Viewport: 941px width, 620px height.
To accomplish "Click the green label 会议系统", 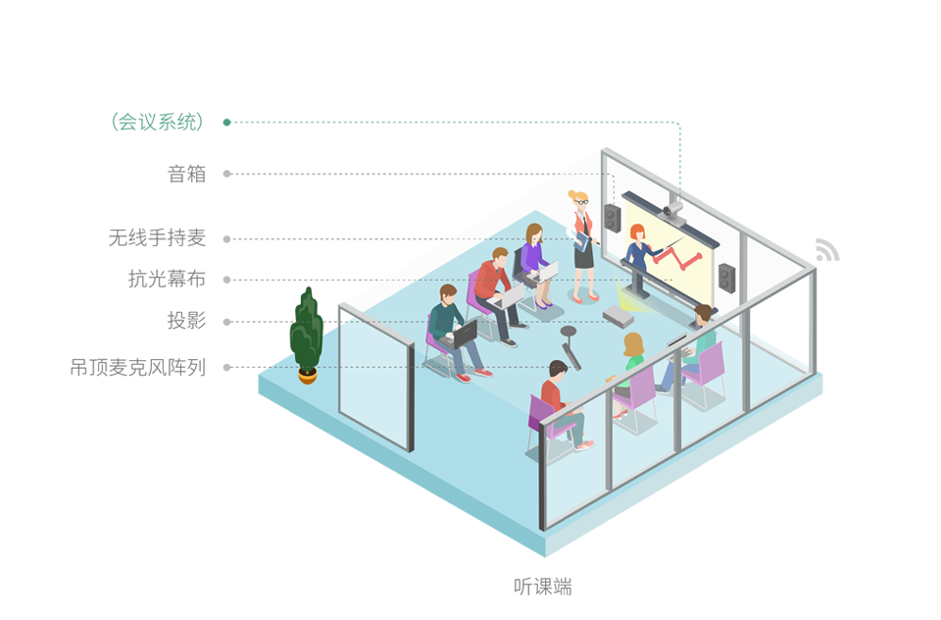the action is pyautogui.click(x=157, y=122).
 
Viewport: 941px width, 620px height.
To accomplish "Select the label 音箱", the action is pyautogui.click(x=186, y=174).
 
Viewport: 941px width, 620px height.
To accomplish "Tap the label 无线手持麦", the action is pyautogui.click(x=157, y=238).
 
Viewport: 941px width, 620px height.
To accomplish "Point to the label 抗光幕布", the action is pyautogui.click(x=167, y=279).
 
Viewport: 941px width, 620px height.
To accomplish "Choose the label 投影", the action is pyautogui.click(x=186, y=320).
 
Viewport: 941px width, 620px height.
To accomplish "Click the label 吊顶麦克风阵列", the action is pyautogui.click(x=138, y=367).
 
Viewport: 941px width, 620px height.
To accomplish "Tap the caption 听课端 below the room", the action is pyautogui.click(x=542, y=587).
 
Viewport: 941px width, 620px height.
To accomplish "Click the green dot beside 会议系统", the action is pyautogui.click(x=226, y=123).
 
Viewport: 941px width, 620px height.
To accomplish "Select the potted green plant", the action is pyautogui.click(x=307, y=336).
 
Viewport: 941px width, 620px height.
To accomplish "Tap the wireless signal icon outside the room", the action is pyautogui.click(x=827, y=250).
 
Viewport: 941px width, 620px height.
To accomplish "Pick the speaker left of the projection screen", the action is pyautogui.click(x=612, y=218).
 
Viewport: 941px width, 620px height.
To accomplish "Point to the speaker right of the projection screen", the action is pyautogui.click(x=726, y=278).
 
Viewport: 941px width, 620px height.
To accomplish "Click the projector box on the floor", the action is pyautogui.click(x=619, y=316).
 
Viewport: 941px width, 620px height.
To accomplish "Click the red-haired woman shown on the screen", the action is pyautogui.click(x=638, y=247).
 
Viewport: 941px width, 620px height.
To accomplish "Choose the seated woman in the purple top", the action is pyautogui.click(x=536, y=264).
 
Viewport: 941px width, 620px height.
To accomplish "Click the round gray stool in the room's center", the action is pyautogui.click(x=568, y=332).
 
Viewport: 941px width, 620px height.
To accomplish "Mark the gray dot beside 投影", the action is pyautogui.click(x=226, y=322).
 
